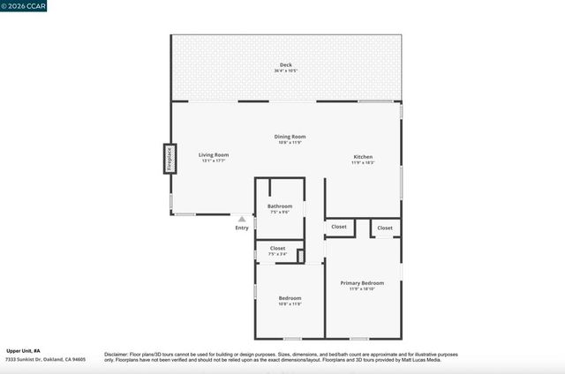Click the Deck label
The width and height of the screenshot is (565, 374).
point(285,64)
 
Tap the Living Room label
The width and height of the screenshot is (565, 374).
point(215,154)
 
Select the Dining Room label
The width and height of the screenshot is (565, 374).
point(290,136)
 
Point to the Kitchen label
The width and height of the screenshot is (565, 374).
point(363,156)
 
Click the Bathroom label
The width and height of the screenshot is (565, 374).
point(279,206)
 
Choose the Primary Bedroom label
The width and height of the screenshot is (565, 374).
point(362,282)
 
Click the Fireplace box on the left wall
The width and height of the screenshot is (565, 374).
point(167,158)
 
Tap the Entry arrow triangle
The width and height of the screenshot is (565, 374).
point(242,219)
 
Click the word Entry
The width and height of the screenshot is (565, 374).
point(242,228)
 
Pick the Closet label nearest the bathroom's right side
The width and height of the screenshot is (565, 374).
point(339,227)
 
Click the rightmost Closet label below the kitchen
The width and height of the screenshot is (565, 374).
point(385,228)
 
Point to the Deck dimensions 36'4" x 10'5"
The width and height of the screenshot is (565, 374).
point(285,71)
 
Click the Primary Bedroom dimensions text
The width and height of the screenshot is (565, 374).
point(362,288)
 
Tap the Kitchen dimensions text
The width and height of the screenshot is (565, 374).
point(363,162)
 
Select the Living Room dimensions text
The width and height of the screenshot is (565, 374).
point(215,161)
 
